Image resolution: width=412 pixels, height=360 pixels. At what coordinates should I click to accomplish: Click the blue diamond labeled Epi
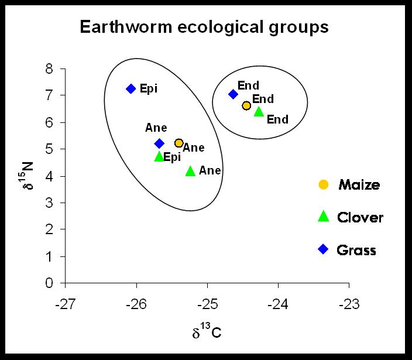click(131, 89)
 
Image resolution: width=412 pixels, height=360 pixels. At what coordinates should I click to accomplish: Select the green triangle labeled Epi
click(159, 156)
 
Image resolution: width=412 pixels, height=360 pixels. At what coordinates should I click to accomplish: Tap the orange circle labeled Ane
click(179, 143)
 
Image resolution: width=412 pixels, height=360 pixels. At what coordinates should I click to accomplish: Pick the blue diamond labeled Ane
click(159, 143)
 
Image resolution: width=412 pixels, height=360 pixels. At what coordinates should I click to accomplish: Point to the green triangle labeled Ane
click(191, 171)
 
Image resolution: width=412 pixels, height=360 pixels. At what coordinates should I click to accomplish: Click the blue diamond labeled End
click(233, 94)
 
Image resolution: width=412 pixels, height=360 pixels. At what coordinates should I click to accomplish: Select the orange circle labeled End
click(246, 105)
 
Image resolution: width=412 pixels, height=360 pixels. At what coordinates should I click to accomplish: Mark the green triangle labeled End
click(259, 111)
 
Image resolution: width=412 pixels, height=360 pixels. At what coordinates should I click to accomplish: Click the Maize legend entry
click(349, 184)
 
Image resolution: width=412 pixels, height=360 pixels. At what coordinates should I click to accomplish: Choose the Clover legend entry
click(351, 217)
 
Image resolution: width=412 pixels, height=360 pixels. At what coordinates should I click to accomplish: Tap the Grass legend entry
click(347, 249)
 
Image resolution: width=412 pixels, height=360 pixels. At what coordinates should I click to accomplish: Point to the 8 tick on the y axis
click(63, 69)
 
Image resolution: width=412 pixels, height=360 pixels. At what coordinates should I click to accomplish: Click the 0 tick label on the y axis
click(49, 283)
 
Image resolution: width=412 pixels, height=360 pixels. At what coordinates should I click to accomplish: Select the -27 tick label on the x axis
click(66, 304)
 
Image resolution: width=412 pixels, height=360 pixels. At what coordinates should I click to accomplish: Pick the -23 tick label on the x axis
click(349, 304)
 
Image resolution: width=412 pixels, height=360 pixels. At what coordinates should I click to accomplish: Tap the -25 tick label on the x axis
click(208, 304)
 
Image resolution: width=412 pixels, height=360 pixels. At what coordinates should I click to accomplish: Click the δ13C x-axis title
click(207, 331)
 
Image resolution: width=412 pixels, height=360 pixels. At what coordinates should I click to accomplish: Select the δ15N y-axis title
click(26, 176)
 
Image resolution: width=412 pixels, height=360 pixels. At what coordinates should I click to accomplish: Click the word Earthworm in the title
click(126, 27)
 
